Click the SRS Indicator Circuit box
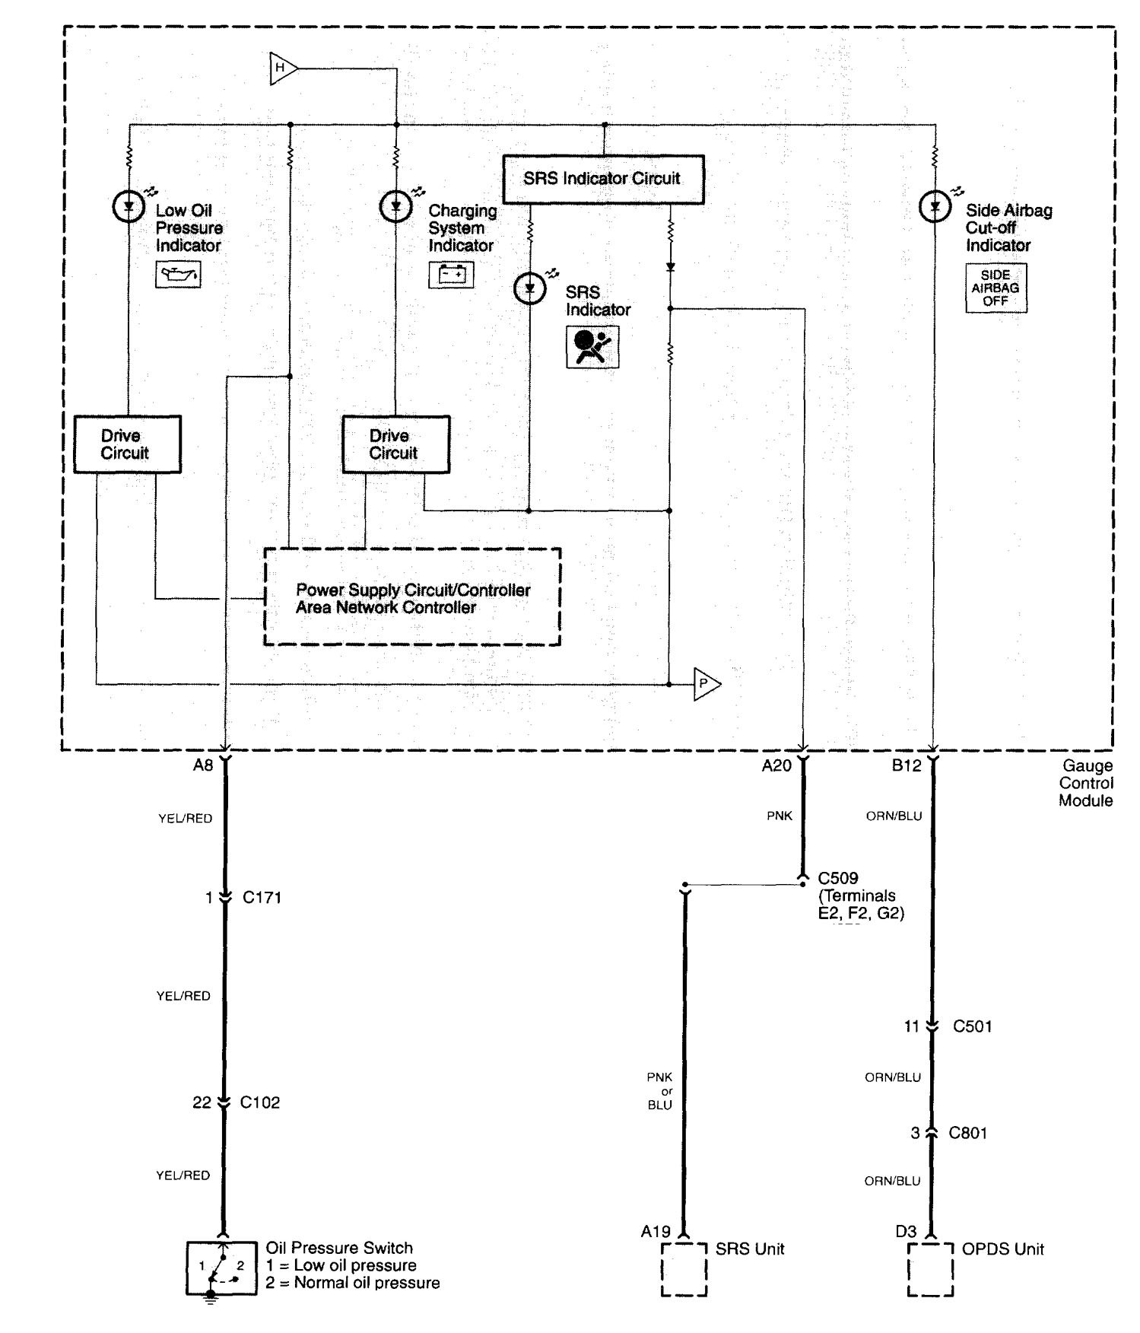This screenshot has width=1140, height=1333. [x=603, y=179]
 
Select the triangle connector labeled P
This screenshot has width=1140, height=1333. [x=706, y=684]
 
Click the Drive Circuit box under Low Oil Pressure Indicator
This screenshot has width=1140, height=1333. [x=127, y=444]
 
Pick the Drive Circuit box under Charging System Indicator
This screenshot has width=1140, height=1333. [x=395, y=444]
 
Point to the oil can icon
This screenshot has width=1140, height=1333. [x=178, y=274]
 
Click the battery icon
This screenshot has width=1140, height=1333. [x=451, y=274]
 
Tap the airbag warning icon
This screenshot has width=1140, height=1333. [x=592, y=347]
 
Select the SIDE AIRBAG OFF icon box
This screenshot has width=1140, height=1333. [x=996, y=288]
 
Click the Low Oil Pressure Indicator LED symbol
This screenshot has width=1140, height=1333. [x=128, y=206]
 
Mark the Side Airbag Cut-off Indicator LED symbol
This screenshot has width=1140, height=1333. [x=935, y=206]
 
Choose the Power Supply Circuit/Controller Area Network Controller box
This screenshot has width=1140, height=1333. [x=412, y=597]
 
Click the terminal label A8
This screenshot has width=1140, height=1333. [x=203, y=766]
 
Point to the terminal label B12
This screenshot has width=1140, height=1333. [x=907, y=766]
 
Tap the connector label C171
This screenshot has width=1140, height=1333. [x=262, y=898]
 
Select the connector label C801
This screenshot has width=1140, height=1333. [x=967, y=1133]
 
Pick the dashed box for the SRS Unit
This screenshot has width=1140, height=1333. [x=684, y=1269]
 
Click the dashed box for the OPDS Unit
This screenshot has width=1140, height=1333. [x=929, y=1269]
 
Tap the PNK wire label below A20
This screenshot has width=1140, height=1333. [x=780, y=816]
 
